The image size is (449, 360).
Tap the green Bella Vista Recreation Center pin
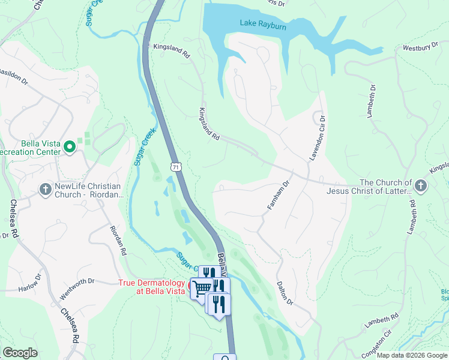(70, 146)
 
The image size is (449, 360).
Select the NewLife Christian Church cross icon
(46, 190)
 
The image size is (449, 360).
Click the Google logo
(20, 353)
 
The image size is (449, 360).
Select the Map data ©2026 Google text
(411, 355)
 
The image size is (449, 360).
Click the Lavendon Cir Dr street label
(316, 137)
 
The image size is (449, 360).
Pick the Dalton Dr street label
(285, 293)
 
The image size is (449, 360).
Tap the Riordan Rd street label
(118, 241)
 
